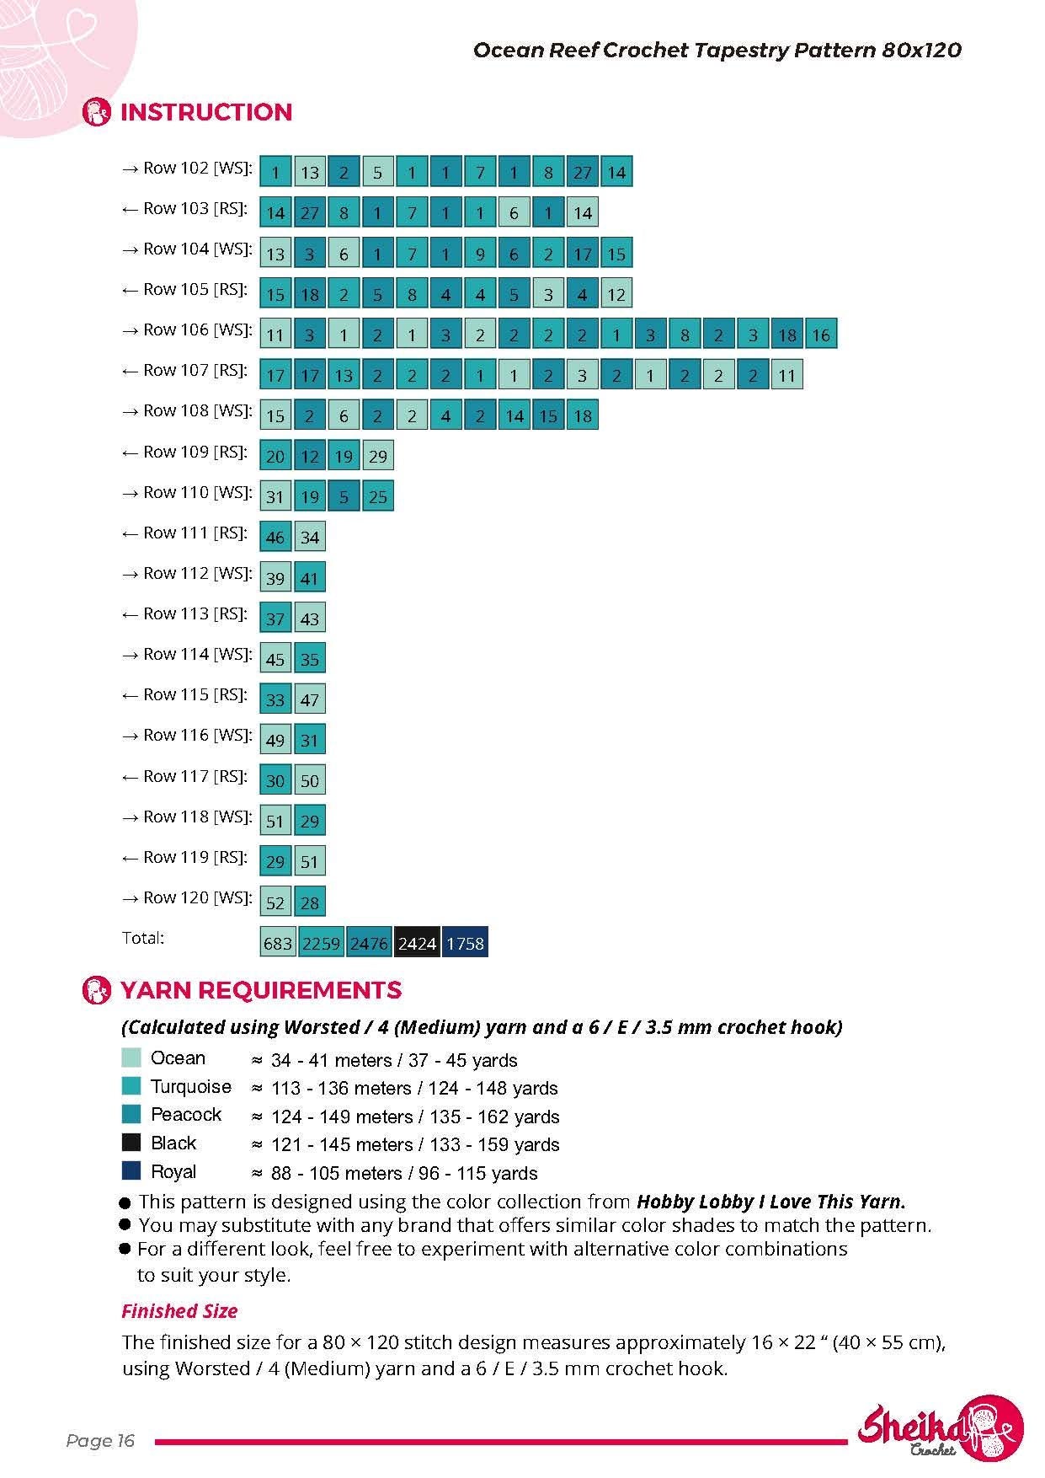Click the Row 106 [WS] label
pos(187,330)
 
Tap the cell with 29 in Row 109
pos(377,456)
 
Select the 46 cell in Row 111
pos(275,537)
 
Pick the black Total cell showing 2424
pos(418,943)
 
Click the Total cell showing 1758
pos(465,943)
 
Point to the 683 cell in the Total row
pos(277,943)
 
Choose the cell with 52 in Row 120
pos(275,902)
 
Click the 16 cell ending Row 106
pos(821,335)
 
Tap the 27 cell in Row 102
pos(582,172)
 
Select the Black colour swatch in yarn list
pos(131,1143)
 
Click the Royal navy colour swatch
pos(131,1170)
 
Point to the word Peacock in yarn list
pos(186,1114)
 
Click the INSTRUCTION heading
pos(206,112)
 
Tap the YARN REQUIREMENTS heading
pos(261,990)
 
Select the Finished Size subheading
pos(179,1311)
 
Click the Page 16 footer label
pos(100,1441)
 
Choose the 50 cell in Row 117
pos(310,780)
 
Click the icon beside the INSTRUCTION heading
pos(97,112)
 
